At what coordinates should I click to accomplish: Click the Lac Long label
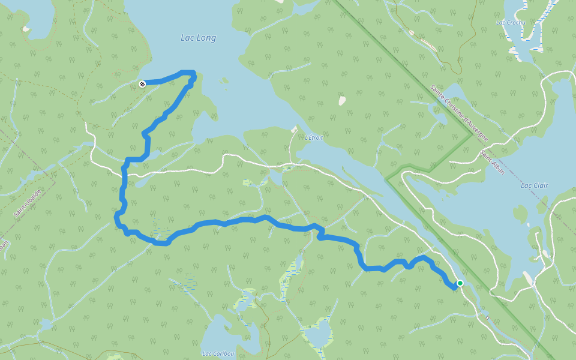tap(198, 38)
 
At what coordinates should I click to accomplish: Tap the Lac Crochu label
tap(511, 23)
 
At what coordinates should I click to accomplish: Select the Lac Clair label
tap(534, 185)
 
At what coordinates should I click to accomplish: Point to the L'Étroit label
tap(314, 137)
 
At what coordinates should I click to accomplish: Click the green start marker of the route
tap(460, 283)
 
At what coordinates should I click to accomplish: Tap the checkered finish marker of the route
tap(142, 84)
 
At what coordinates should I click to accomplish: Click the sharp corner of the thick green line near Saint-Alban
tap(472, 135)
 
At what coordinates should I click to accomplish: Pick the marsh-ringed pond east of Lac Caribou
tap(317, 333)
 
